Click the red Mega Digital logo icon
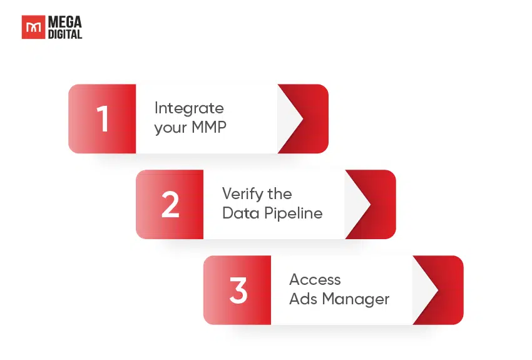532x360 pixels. coord(33,28)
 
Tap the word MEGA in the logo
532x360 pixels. coord(65,22)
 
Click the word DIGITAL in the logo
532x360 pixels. coord(65,34)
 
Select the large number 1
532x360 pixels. coord(103,119)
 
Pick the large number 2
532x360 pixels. coord(170,205)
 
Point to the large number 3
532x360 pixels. coord(238,291)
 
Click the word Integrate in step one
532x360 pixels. coord(189,108)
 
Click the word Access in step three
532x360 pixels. coord(315,280)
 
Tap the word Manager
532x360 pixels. coord(356,299)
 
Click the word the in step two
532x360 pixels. coord(280,194)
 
